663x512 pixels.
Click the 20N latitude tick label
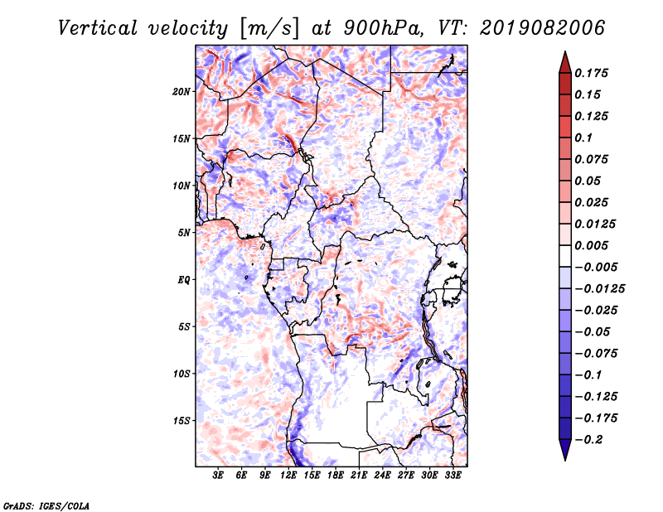click(181, 92)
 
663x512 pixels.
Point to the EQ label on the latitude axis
click(184, 280)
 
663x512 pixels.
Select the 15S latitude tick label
click(181, 421)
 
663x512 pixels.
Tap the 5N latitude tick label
click(184, 233)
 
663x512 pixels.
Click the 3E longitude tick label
click(218, 475)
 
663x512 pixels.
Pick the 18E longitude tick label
click(336, 475)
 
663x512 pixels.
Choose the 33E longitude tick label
click(452, 475)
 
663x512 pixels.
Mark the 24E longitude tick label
click(382, 475)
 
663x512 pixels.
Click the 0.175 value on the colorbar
click(591, 73)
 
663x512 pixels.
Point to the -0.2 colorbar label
click(588, 440)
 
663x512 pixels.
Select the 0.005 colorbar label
click(591, 245)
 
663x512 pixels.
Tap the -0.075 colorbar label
click(596, 354)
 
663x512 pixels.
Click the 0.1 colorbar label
click(583, 138)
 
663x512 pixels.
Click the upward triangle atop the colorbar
click(565, 62)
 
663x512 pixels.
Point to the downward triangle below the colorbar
click(565, 450)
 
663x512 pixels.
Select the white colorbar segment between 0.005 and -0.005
click(565, 256)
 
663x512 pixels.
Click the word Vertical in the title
click(98, 28)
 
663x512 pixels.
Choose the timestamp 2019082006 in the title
click(543, 28)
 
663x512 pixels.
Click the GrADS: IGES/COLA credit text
click(46, 505)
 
